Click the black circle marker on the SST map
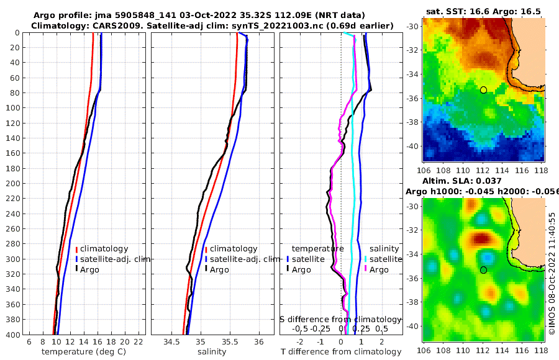click(483, 90)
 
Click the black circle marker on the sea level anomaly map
click(483, 270)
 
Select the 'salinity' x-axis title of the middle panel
click(211, 352)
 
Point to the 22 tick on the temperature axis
click(139, 341)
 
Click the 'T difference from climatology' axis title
click(341, 352)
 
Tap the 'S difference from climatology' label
click(340, 318)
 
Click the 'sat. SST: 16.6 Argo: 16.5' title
click(483, 11)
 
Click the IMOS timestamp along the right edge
click(552, 272)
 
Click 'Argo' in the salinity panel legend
click(219, 269)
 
